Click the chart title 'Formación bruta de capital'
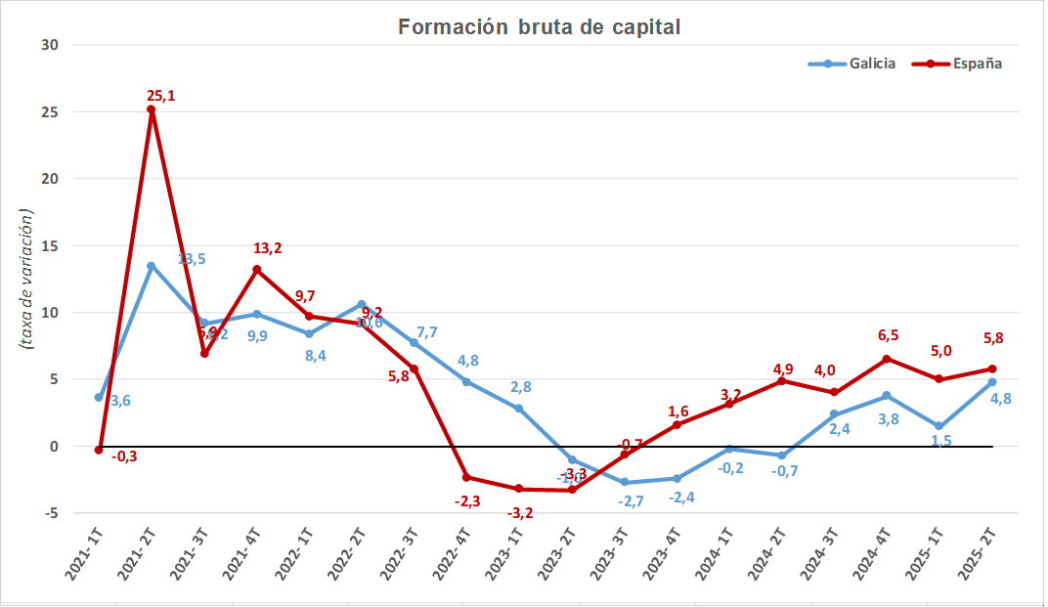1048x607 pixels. [x=539, y=27]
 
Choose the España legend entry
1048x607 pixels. [x=957, y=64]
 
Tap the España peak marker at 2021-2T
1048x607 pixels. [x=152, y=109]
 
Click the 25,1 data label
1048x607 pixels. [x=160, y=95]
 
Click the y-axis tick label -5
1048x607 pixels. [x=51, y=512]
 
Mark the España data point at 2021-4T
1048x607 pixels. [x=257, y=270]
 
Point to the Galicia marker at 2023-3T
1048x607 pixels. [x=625, y=482]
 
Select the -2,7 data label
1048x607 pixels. [x=631, y=500]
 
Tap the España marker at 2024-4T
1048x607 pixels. [x=887, y=359]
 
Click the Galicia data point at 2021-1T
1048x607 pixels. [x=99, y=398]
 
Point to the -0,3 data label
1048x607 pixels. [x=124, y=456]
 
